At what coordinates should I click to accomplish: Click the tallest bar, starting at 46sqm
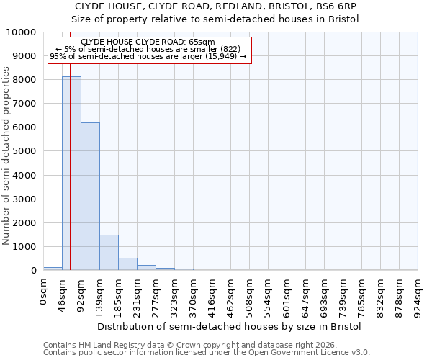pos(71,173)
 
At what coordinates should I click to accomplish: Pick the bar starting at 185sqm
pos(127,264)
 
